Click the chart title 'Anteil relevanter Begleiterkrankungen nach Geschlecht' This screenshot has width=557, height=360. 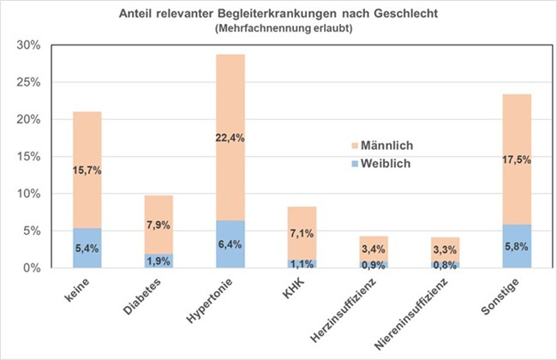[278, 14]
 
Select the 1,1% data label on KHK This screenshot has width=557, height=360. [301, 264]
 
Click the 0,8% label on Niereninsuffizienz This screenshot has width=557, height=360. [445, 265]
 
